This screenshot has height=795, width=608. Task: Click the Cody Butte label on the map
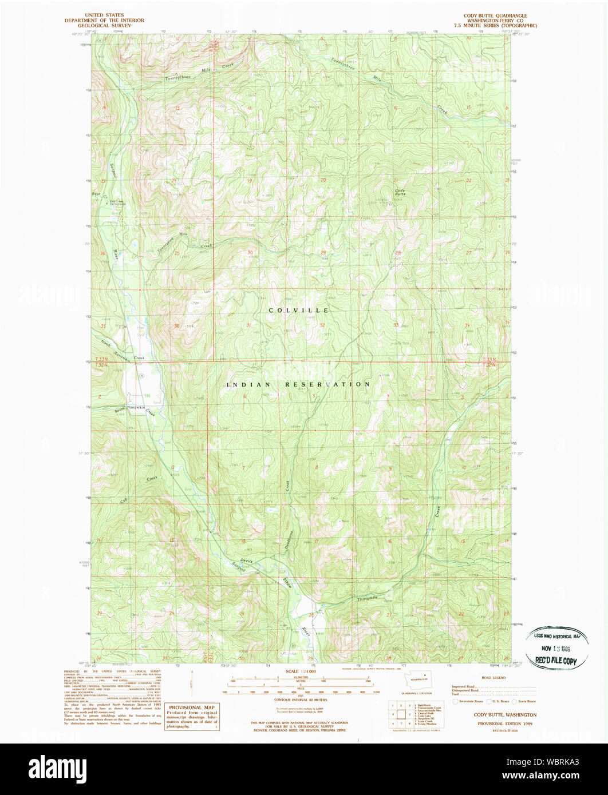[400, 192]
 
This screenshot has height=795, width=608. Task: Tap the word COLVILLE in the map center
[299, 310]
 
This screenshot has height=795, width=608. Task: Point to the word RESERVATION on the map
[328, 384]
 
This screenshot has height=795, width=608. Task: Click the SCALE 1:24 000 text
[301, 671]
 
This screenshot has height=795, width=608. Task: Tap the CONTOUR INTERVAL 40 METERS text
[301, 699]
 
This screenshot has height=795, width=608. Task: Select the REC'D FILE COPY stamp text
[555, 660]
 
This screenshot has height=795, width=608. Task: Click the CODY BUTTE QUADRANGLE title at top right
[496, 15]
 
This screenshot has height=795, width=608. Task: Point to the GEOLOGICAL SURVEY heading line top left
[112, 25]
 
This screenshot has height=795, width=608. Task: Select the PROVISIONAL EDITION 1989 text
[496, 723]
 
